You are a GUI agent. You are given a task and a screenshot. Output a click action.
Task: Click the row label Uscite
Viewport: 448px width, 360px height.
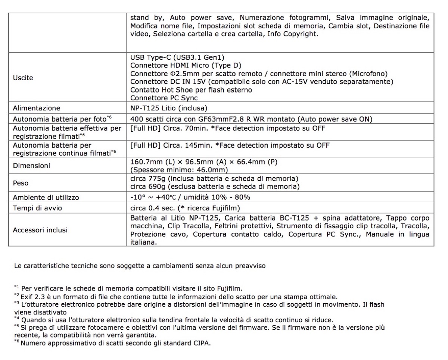(23, 78)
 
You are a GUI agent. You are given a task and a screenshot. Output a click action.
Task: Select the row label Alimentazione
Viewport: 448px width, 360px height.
(36, 108)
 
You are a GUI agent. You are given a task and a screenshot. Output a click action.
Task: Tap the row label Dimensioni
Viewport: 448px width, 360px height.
(31, 166)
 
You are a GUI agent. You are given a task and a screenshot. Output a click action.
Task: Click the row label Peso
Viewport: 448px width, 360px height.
(21, 183)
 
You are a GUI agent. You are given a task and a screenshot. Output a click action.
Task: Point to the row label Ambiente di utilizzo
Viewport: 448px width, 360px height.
(46, 197)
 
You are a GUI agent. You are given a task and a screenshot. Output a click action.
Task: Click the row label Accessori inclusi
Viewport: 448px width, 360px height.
(40, 230)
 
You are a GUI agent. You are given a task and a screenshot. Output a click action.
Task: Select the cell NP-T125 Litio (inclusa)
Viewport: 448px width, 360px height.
(168, 108)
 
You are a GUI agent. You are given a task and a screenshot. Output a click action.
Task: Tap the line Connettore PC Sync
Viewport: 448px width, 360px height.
(164, 98)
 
